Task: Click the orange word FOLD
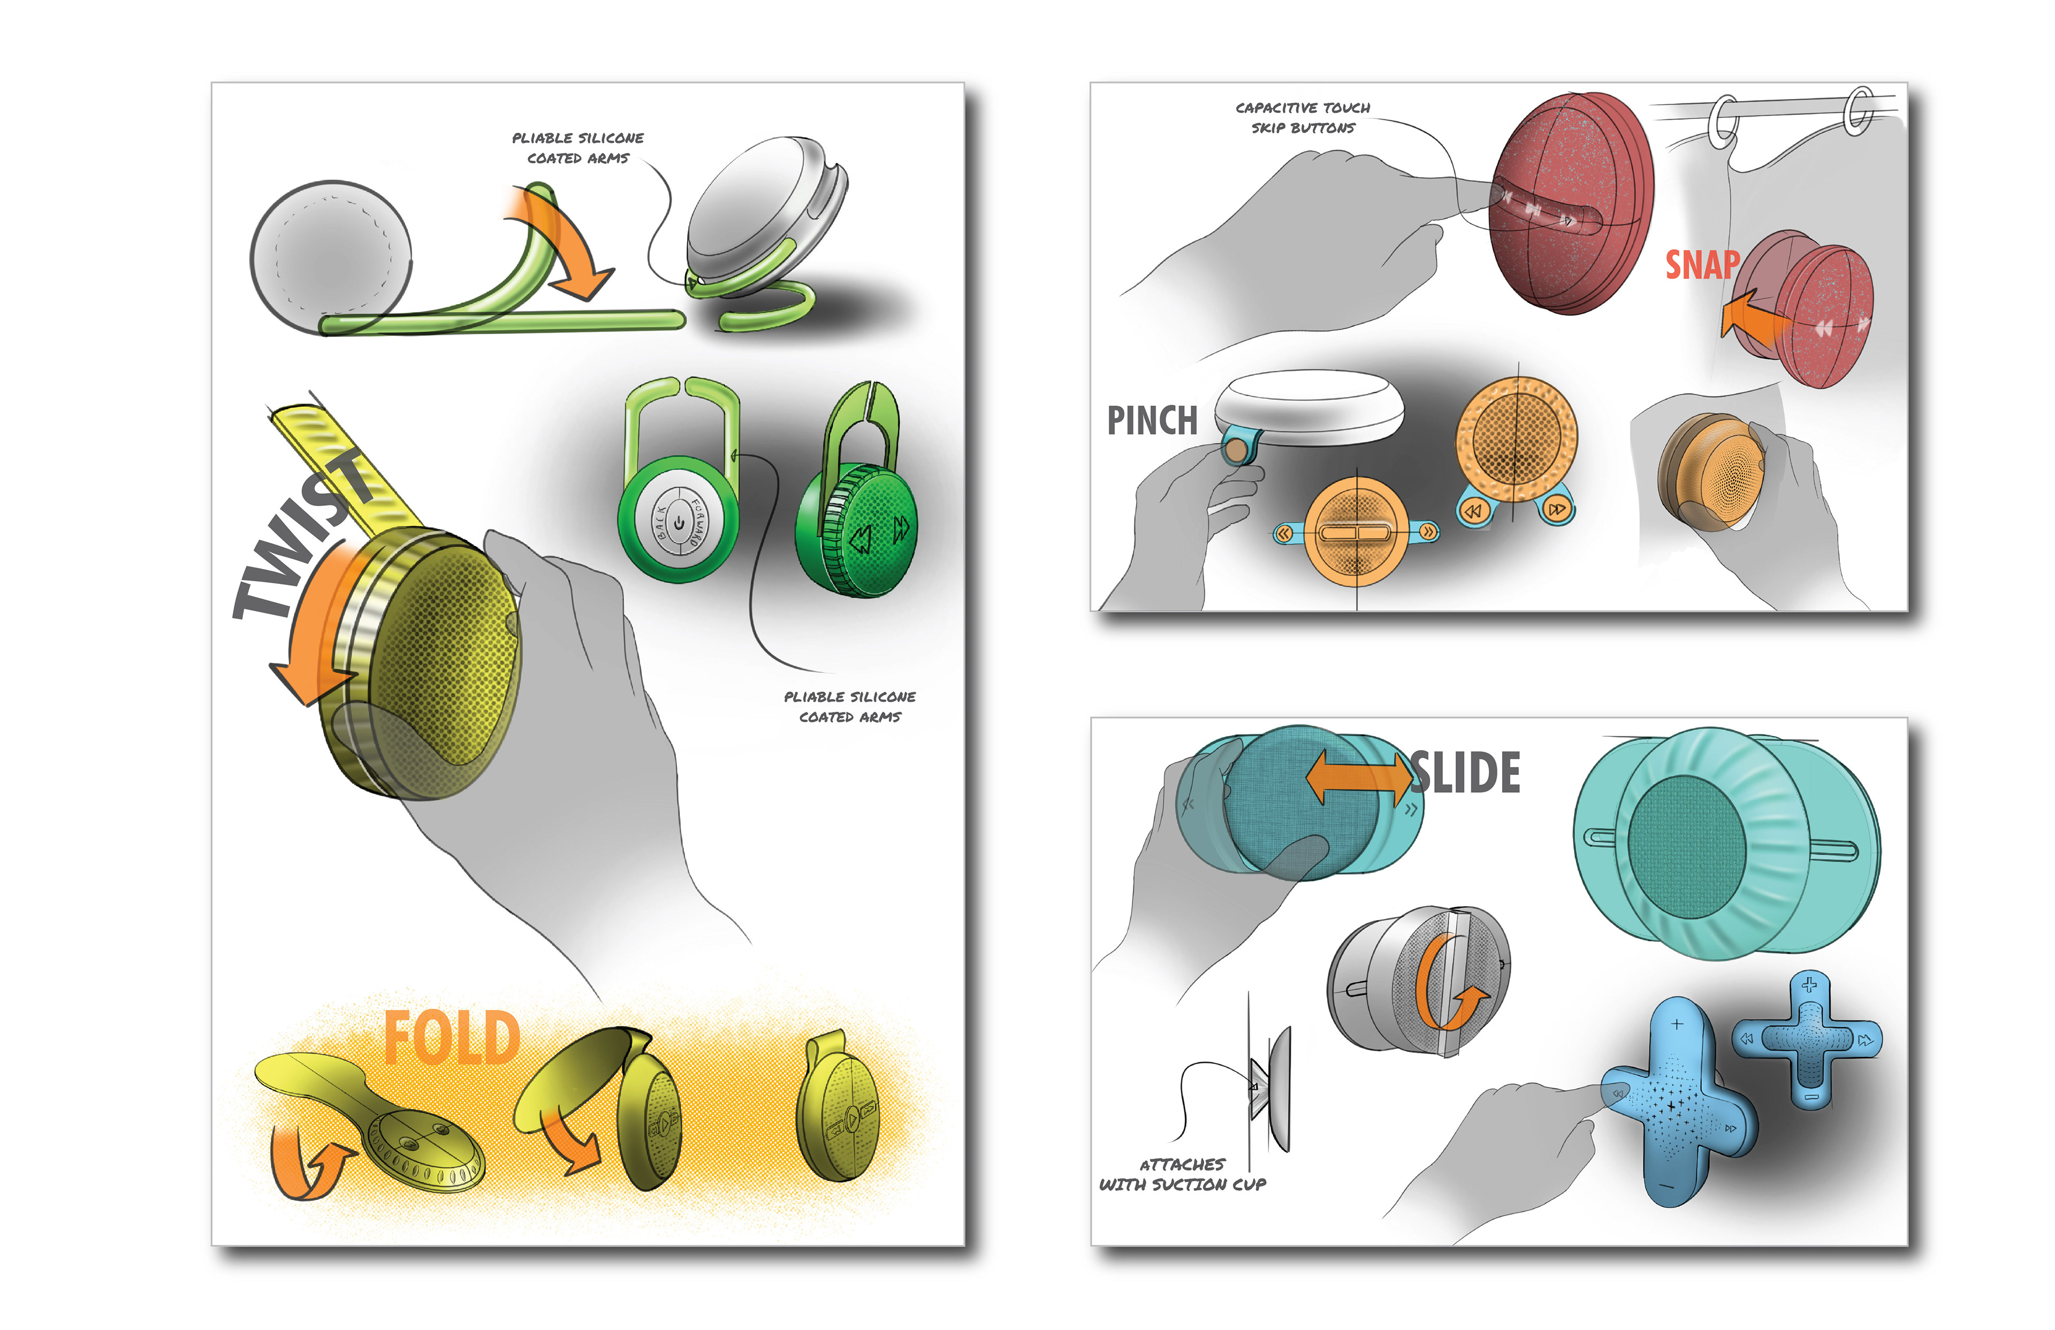pyautogui.click(x=452, y=1038)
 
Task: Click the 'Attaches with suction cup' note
pyautogui.click(x=1182, y=1175)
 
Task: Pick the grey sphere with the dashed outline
pyautogui.click(x=331, y=256)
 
